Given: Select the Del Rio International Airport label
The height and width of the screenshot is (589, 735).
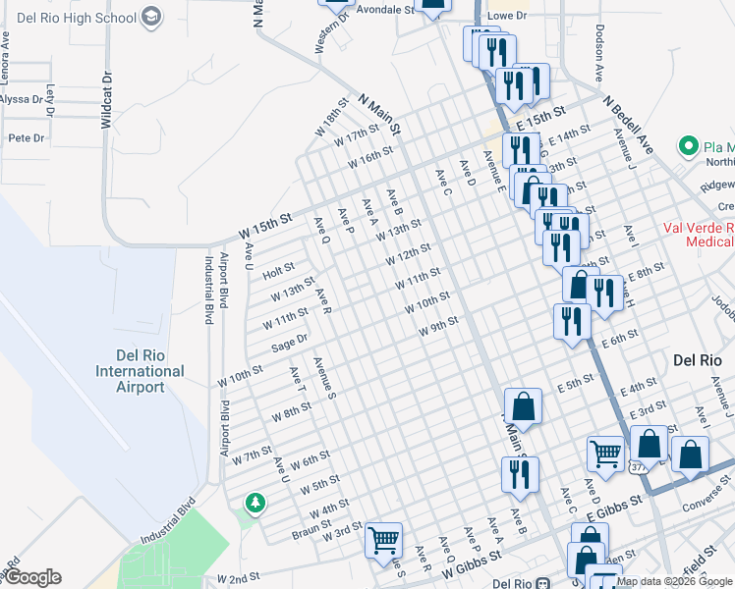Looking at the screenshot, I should (x=140, y=371).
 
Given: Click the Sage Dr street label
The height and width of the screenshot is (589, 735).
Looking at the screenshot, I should (x=290, y=343).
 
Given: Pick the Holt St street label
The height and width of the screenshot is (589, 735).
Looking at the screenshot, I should (x=279, y=269).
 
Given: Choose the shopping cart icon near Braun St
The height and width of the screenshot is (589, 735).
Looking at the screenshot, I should (x=382, y=539).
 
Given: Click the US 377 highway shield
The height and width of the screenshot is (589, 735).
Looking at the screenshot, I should (x=641, y=467).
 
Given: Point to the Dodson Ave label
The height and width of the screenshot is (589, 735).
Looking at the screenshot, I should (x=597, y=53).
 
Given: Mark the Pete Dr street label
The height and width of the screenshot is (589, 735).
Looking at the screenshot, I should (x=27, y=138).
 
